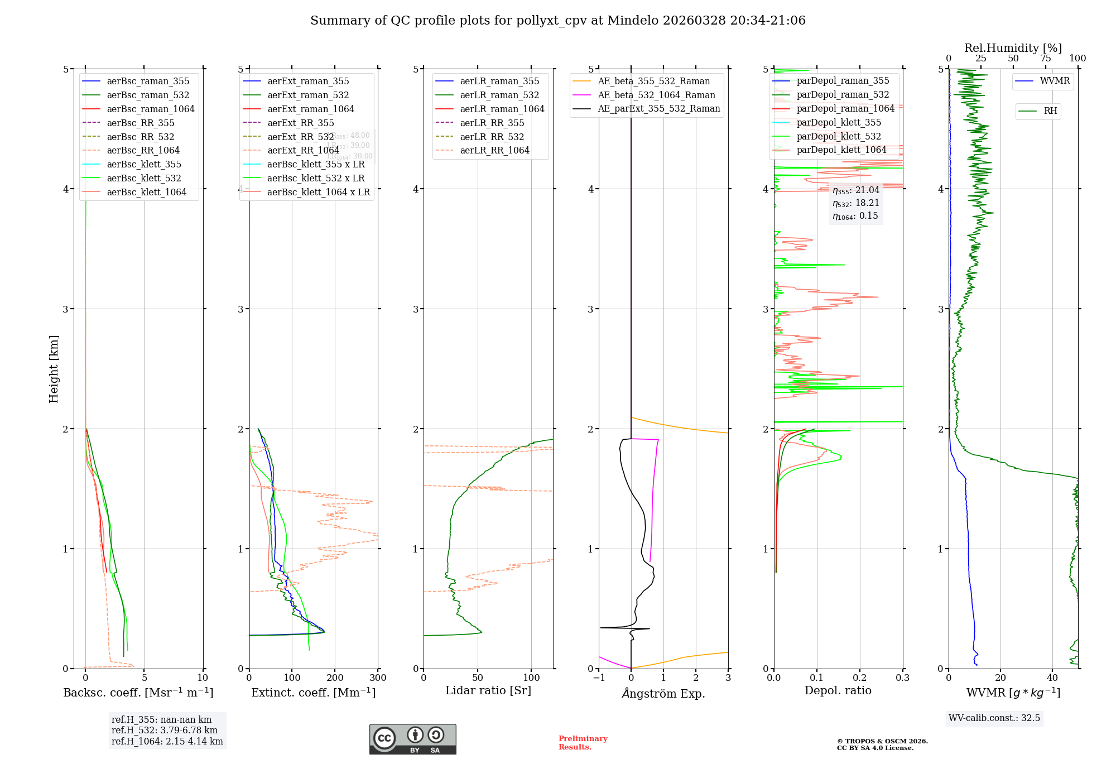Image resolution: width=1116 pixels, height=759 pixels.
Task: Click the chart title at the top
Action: click(557, 21)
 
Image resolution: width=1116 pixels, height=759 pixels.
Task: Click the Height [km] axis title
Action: click(54, 368)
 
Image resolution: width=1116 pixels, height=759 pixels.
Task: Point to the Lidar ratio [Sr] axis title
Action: click(488, 690)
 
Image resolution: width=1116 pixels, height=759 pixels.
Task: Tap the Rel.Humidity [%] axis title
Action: click(1013, 48)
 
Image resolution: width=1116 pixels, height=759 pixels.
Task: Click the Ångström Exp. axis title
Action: click(663, 693)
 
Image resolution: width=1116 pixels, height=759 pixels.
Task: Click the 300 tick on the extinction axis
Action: click(378, 678)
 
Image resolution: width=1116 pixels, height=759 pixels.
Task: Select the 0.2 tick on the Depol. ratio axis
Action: click(860, 678)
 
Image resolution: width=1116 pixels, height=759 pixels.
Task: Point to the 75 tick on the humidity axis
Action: click(1046, 59)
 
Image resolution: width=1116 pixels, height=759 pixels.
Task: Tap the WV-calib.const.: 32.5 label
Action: click(994, 718)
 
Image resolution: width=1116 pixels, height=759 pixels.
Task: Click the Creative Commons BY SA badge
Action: click(412, 739)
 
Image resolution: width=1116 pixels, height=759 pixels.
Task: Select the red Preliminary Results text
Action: click(583, 742)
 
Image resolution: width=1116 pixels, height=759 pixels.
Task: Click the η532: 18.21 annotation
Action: click(855, 203)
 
